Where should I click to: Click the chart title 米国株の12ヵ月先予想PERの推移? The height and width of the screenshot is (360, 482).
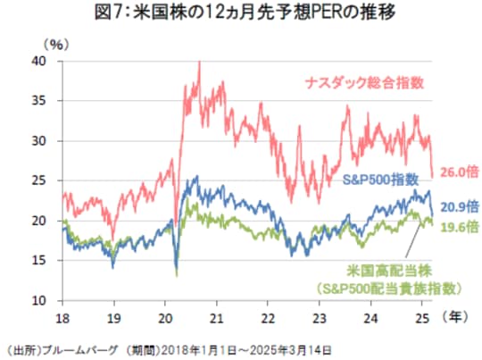(241, 13)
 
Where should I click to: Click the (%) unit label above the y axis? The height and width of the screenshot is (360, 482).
(55, 42)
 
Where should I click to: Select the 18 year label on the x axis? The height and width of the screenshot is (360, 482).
(62, 316)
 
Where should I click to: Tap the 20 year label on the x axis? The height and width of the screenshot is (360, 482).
(164, 316)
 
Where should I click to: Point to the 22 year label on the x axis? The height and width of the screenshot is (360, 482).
(266, 316)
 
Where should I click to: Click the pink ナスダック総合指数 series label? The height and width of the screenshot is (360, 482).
(365, 81)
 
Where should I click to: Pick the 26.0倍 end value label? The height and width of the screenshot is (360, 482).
(456, 171)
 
